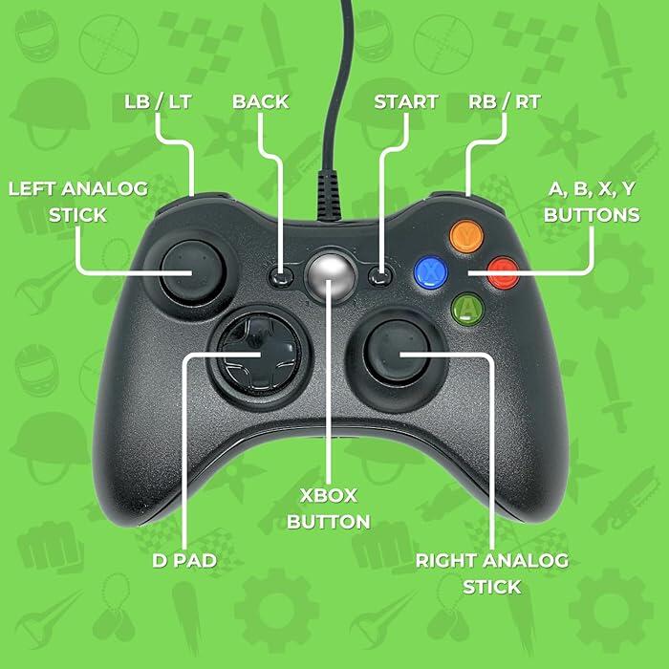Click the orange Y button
click(466, 236)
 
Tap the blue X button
click(431, 272)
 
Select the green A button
click(468, 309)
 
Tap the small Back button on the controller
click(281, 277)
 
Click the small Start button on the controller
click(380, 276)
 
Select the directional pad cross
click(259, 355)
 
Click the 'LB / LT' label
click(158, 102)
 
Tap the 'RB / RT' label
click(505, 102)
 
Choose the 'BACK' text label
click(261, 102)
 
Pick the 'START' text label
click(406, 102)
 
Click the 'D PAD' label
click(184, 561)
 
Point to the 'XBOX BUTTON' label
click(329, 508)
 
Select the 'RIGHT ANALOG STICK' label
click(492, 573)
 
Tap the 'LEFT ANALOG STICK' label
click(78, 202)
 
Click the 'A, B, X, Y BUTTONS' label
click(592, 202)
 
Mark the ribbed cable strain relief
click(329, 195)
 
